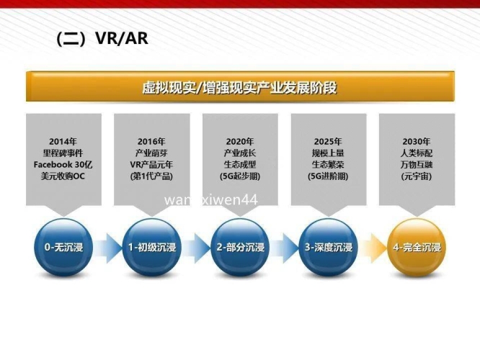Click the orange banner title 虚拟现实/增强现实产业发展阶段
[239, 88]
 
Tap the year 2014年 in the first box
[63, 141]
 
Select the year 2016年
[151, 141]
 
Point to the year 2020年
[240, 141]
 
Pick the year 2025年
[328, 141]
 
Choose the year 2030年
[417, 141]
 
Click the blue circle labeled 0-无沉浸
[63, 248]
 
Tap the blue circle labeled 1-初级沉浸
[152, 248]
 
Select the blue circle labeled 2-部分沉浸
[240, 248]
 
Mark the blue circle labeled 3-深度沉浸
[329, 248]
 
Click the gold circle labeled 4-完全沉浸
[417, 248]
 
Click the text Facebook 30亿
[63, 164]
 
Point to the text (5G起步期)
[240, 176]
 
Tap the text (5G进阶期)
[328, 176]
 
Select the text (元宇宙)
[417, 176]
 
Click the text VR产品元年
[151, 164]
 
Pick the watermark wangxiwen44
[210, 199]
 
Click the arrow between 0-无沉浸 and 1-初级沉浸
[108, 248]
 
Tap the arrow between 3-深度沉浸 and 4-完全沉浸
[373, 248]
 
